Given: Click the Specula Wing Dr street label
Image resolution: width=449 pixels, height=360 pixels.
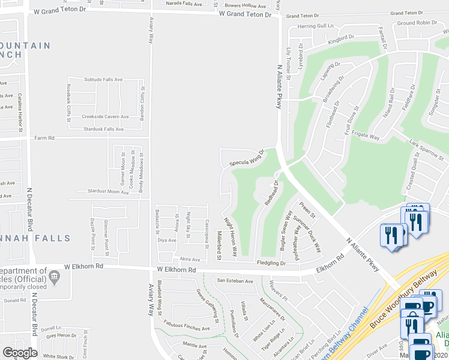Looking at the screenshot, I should (x=246, y=158).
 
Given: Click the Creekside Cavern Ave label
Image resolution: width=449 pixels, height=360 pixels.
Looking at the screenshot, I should (x=106, y=117).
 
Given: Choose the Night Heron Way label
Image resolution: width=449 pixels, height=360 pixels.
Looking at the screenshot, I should (x=231, y=236).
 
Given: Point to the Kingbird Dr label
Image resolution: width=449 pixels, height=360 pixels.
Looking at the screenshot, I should (x=342, y=38).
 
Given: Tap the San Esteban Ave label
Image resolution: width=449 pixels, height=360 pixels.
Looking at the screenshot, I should (x=235, y=280).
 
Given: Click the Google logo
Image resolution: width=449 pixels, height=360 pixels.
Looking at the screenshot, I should (x=20, y=353).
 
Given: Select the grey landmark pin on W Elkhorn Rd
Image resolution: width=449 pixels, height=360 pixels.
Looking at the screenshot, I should (x=55, y=275).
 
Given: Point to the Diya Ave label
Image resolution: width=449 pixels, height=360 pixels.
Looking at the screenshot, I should (x=167, y=240).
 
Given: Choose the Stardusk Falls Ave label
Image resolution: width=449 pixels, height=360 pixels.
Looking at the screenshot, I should (x=103, y=129).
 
